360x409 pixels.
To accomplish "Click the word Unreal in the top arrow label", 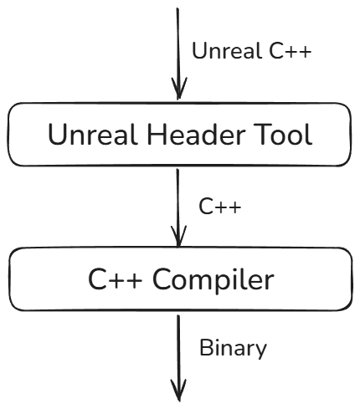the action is tap(227, 50).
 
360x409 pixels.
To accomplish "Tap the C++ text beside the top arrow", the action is tap(291, 51).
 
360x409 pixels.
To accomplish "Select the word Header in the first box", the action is tap(196, 135).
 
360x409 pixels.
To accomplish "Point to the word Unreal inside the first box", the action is tap(93, 135).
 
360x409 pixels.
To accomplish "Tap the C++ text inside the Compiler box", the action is tap(115, 279).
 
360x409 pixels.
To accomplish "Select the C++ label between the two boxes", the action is tap(220, 207).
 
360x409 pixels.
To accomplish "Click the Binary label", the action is tap(234, 349).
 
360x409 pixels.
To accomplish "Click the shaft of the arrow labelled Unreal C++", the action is tap(177, 53).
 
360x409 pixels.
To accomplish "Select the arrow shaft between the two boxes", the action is tap(177, 207).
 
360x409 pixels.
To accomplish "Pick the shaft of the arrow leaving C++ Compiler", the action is tap(178, 358).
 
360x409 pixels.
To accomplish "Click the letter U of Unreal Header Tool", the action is tap(57, 135).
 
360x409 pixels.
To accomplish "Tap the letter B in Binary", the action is tap(207, 347).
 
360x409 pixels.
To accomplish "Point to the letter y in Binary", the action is tap(260, 351).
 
